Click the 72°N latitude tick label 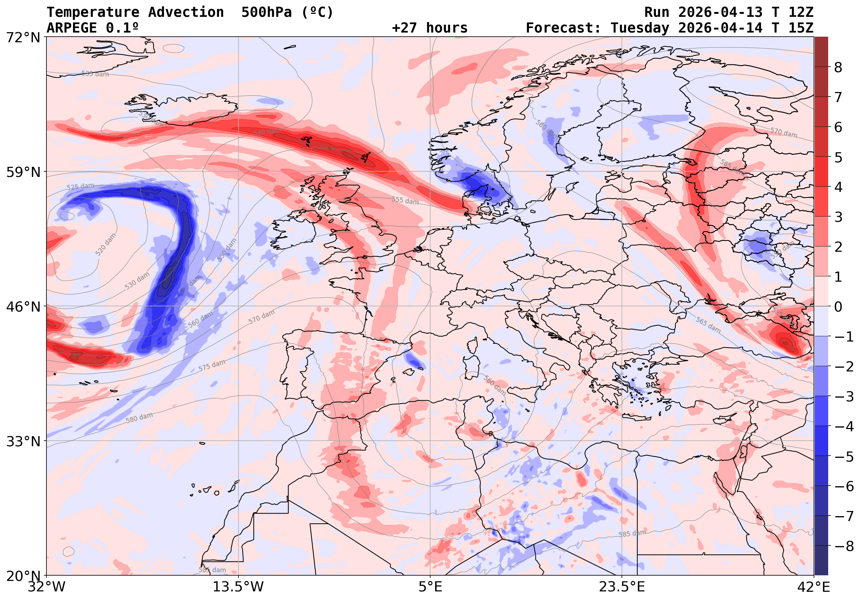pos(23,38)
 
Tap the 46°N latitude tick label pos(23,307)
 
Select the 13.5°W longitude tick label pos(238,587)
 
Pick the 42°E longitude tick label pos(814,587)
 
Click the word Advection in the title pos(186,12)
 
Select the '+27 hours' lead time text pos(429,28)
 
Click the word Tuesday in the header pos(640,28)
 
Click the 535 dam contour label pos(95,74)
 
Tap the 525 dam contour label pos(80,186)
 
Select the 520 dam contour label pos(106,244)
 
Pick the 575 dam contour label pos(212,365)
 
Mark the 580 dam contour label pos(139,418)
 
